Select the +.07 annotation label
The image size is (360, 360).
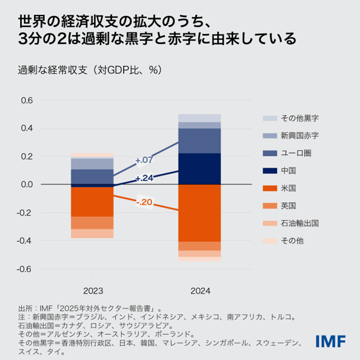point(144,160)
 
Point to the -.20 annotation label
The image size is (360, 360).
point(145,202)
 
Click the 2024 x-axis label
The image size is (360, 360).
point(199,291)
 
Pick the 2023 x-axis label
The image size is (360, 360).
point(92,291)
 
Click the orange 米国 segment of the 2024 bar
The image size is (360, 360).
point(199,213)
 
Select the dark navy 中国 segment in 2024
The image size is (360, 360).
point(199,169)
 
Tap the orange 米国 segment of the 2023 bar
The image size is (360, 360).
point(92,202)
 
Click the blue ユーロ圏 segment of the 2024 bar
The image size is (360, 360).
point(199,141)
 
